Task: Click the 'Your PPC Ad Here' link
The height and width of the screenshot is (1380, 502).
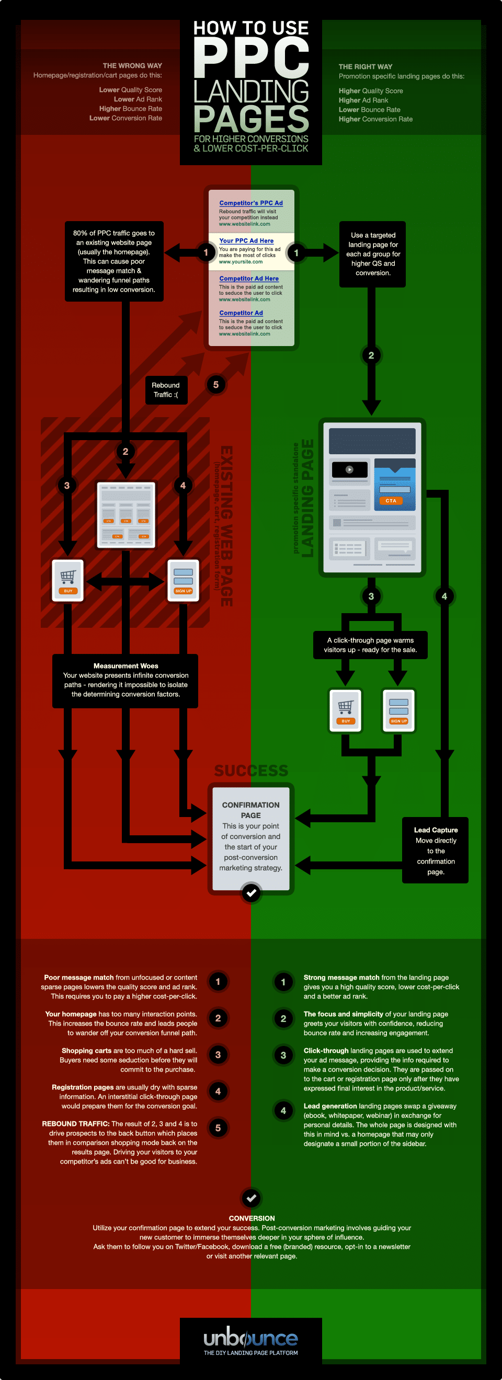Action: tap(246, 240)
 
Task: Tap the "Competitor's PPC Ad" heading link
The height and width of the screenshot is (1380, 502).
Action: tap(250, 203)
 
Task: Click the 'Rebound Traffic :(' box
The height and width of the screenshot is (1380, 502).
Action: tap(166, 389)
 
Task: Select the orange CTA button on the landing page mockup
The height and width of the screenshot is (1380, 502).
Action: tap(391, 500)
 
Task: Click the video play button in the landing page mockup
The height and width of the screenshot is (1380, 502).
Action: tap(349, 469)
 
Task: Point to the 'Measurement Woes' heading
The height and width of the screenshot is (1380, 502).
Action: tap(125, 665)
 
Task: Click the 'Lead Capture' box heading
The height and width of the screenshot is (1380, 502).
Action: tap(436, 829)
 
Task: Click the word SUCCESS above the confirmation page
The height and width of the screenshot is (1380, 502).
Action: tap(250, 770)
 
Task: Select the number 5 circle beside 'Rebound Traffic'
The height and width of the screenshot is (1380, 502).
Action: tap(216, 385)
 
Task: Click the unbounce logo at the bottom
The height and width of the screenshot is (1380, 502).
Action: tap(250, 1339)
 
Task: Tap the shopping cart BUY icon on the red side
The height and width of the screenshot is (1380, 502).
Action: tap(68, 580)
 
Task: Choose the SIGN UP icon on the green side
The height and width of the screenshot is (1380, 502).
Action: tap(398, 709)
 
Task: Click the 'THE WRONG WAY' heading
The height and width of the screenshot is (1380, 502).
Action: tap(132, 65)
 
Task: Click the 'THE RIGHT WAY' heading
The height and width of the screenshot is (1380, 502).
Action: tap(366, 66)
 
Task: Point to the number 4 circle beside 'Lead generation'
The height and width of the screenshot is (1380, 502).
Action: tap(283, 1111)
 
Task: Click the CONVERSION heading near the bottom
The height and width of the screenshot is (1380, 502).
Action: tap(252, 1217)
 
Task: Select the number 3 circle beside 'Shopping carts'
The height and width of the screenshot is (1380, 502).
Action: tap(218, 1054)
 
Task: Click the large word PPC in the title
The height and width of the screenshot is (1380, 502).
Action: tap(250, 58)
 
